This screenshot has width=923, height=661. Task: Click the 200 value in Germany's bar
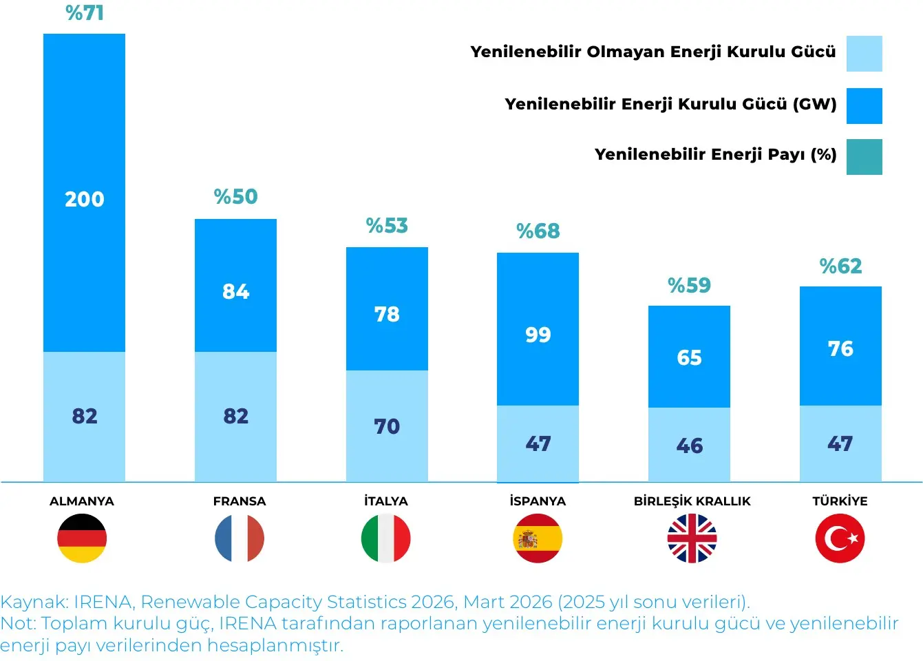click(x=85, y=199)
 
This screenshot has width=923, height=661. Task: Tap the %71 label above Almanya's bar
click(x=85, y=12)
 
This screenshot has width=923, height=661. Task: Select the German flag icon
click(x=82, y=538)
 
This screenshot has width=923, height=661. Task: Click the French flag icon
click(x=240, y=538)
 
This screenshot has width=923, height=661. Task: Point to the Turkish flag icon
click(x=840, y=538)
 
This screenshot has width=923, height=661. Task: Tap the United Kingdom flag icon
click(x=692, y=538)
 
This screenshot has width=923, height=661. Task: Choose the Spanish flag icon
click(x=538, y=538)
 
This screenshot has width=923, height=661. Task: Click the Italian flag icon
click(x=385, y=538)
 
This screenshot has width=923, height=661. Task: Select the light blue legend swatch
click(x=864, y=54)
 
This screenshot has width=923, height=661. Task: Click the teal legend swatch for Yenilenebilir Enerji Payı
click(x=864, y=157)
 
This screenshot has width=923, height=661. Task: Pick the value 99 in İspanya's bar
click(x=538, y=335)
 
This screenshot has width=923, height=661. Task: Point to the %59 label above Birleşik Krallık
click(x=690, y=285)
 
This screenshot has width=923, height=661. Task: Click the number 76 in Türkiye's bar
click(x=840, y=348)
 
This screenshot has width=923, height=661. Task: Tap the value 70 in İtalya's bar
click(x=387, y=426)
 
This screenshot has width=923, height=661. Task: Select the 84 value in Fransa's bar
click(x=235, y=291)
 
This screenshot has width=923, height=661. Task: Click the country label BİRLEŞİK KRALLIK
click(x=692, y=501)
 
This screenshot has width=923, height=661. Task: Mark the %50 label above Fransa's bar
click(x=235, y=196)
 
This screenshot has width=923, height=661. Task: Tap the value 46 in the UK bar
click(x=690, y=445)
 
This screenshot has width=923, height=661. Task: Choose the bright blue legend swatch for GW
click(x=864, y=106)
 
